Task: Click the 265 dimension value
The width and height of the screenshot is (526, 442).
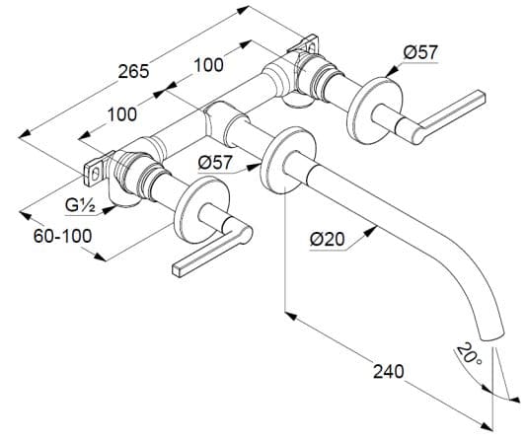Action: pos(133,71)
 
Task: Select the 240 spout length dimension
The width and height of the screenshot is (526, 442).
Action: pos(389,372)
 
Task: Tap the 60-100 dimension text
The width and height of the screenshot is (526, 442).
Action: pos(62,236)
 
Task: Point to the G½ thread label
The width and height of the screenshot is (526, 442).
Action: pos(80,205)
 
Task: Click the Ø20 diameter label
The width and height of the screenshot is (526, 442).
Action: pos(327,240)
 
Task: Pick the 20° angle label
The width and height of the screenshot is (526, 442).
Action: pos(470,355)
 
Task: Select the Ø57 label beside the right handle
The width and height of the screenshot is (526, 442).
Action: pos(420,52)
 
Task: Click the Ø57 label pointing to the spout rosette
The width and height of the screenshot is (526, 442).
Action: pos(215,163)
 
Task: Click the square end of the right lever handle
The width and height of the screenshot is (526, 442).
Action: pos(482,97)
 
